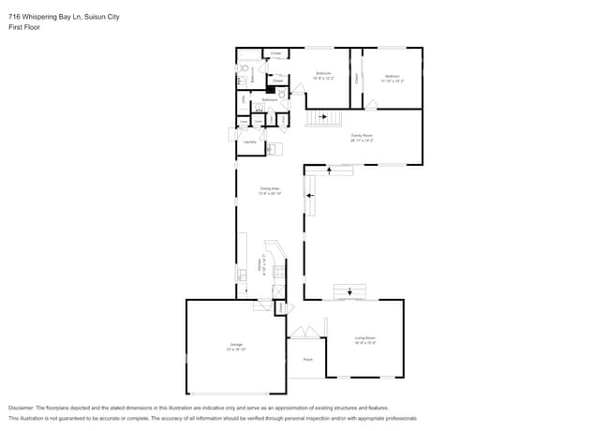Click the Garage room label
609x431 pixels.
click(236, 346)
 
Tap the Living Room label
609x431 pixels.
click(364, 338)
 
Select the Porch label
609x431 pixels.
click(306, 359)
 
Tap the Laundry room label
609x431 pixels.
click(249, 142)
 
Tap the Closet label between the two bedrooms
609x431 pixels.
click(356, 79)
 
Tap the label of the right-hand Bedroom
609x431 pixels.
click(392, 77)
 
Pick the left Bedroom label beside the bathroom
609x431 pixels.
click(323, 74)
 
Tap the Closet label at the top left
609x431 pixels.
click(276, 53)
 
